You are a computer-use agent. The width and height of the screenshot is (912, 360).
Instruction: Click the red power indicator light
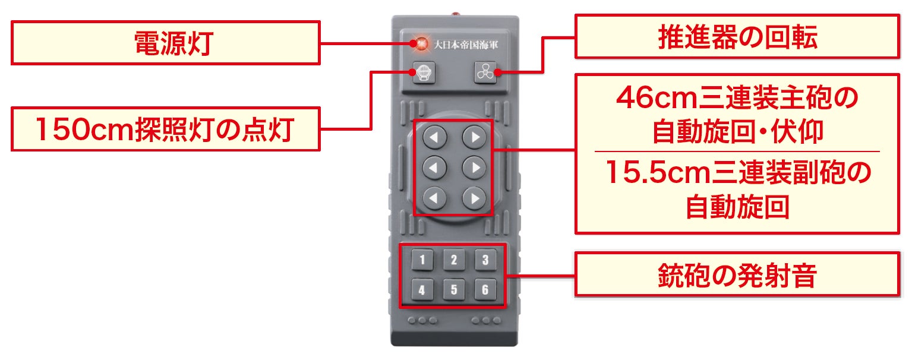point(421,43)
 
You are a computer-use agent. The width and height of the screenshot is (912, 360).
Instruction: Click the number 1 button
point(422,260)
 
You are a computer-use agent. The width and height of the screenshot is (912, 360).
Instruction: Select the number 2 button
point(453,260)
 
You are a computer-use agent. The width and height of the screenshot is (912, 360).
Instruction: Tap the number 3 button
point(485,260)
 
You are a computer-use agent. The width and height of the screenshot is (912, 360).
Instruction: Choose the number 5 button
point(453,290)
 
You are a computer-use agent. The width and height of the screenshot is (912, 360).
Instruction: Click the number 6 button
point(485,290)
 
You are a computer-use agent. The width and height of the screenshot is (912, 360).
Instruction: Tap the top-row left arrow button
point(434,138)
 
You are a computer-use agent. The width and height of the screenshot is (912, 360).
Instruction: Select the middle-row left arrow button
point(434,168)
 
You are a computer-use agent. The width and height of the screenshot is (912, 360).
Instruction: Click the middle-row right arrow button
point(474,168)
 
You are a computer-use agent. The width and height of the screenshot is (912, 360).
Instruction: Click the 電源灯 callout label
point(166,43)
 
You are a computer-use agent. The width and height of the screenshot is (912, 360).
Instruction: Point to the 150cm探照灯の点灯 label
point(166,129)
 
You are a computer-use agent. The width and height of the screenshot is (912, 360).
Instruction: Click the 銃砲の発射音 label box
point(737,274)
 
